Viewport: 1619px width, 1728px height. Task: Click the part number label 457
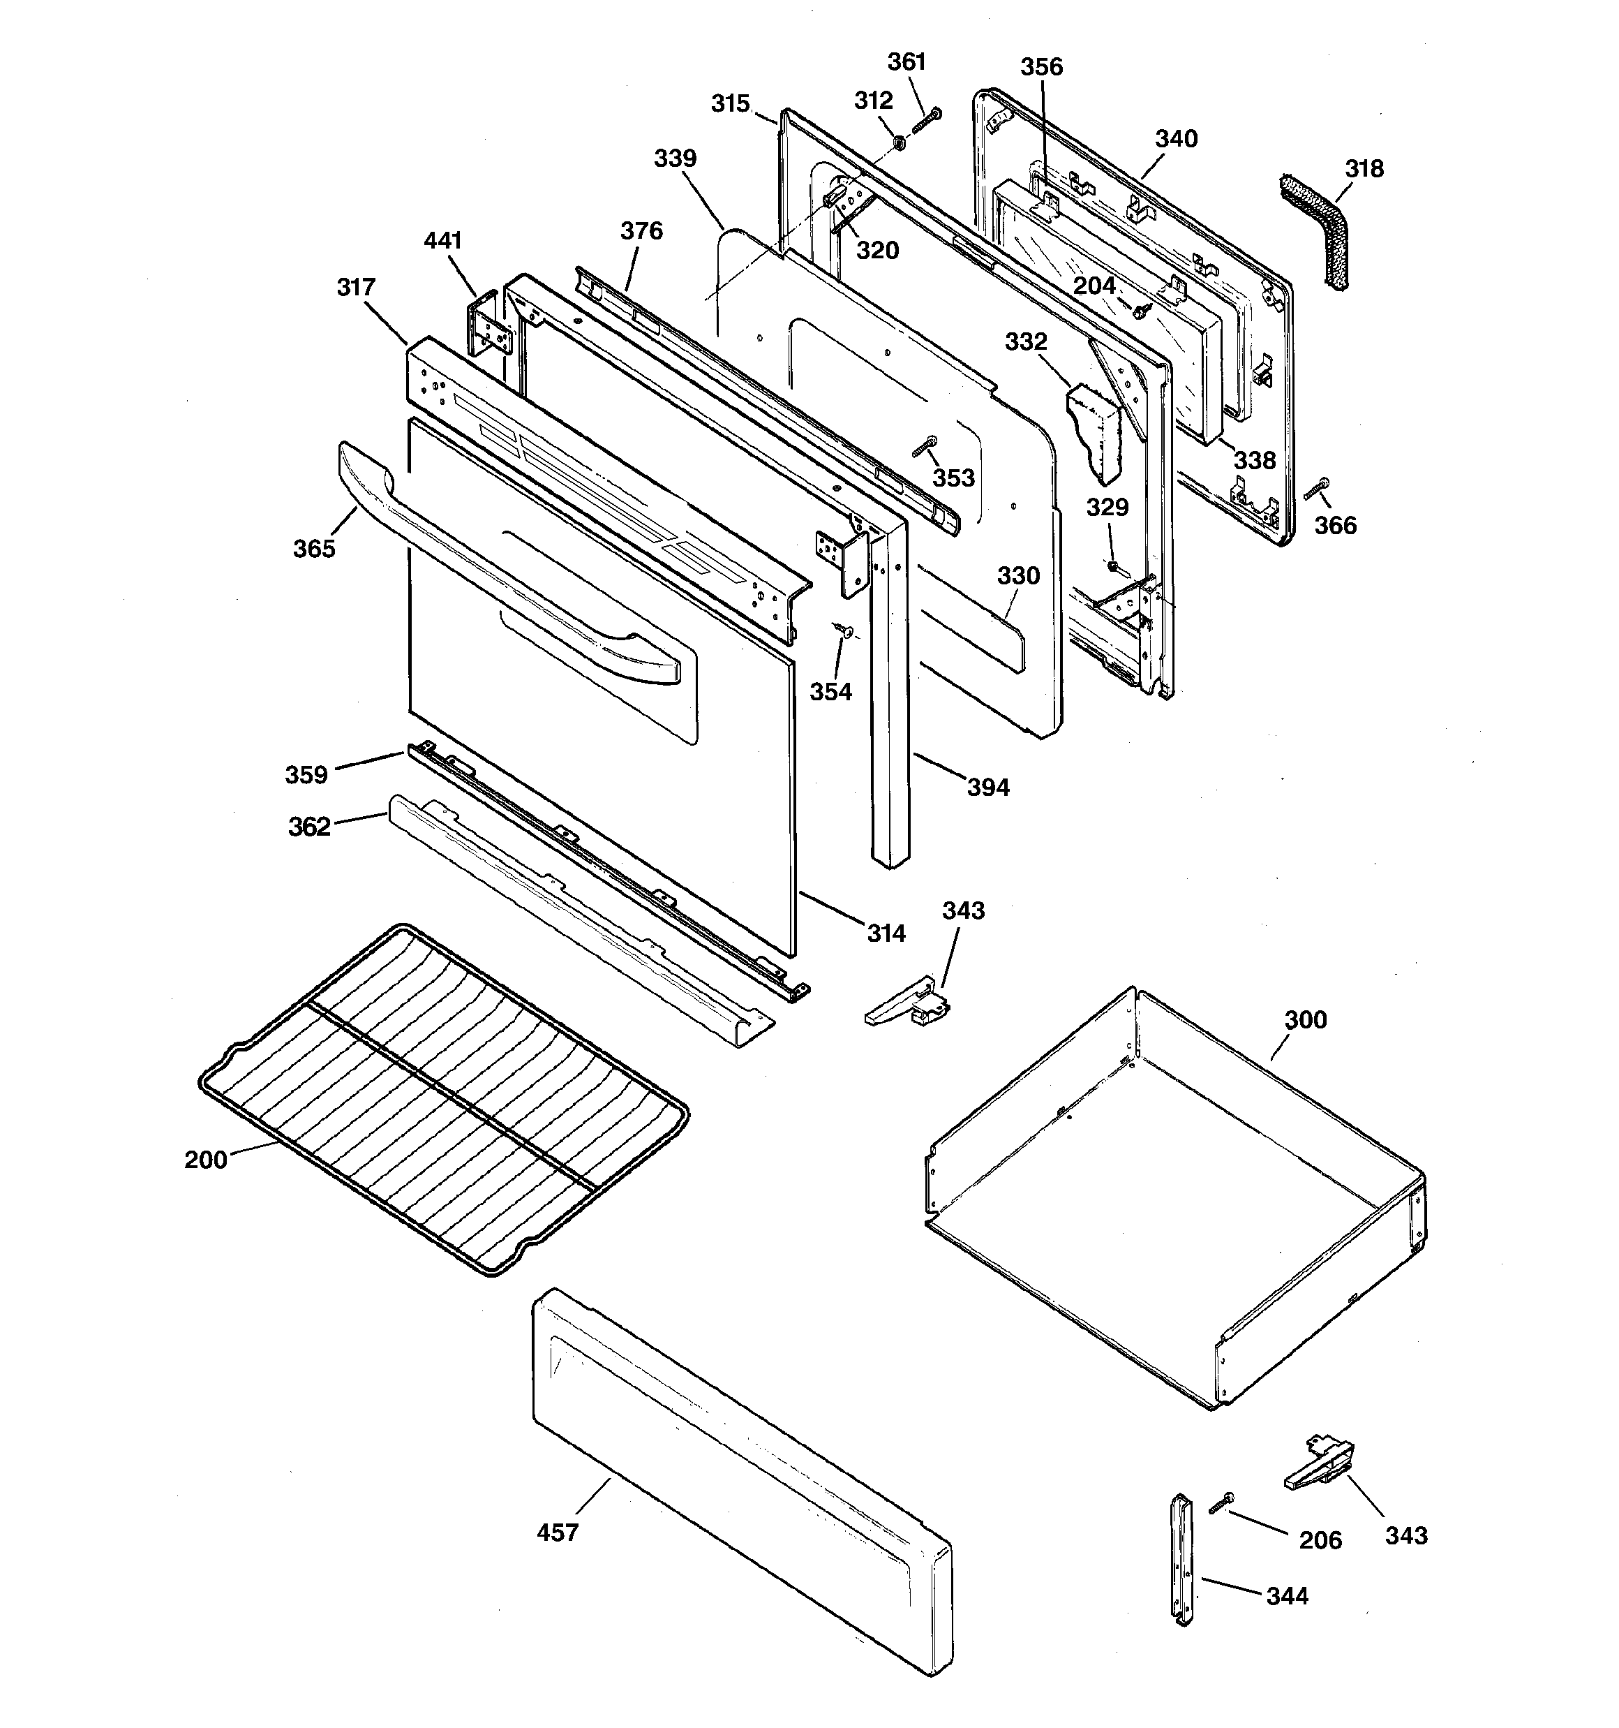(557, 1533)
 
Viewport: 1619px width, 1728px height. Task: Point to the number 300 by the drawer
(1304, 1019)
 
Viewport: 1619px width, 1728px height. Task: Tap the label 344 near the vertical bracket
(1286, 1596)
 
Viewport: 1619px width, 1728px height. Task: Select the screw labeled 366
(1318, 489)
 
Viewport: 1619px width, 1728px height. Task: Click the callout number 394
(988, 788)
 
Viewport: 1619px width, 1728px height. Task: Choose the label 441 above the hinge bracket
(442, 241)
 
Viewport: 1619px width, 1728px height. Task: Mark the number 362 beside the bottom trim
(309, 827)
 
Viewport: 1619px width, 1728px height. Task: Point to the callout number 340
(1176, 139)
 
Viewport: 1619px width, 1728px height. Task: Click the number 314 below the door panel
(886, 933)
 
